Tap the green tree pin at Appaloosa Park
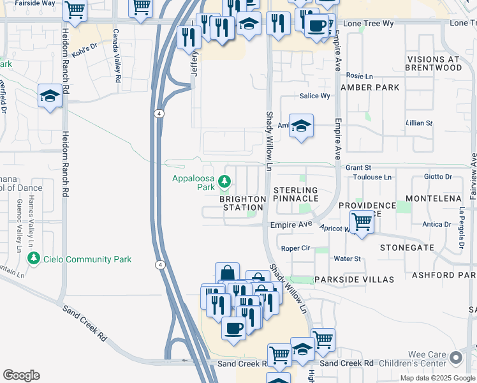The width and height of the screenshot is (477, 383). point(224,183)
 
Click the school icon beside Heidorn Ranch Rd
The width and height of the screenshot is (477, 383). point(49,96)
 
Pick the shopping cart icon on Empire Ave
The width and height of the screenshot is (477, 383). point(362,223)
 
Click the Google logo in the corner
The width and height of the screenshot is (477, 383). point(21,375)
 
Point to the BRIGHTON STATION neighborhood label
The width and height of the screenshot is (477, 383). point(242,204)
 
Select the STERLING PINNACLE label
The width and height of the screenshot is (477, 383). point(295,195)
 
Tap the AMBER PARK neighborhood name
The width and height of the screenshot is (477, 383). point(370,87)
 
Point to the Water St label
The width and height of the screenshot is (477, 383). point(348,259)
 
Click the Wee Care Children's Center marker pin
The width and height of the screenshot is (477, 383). point(455,358)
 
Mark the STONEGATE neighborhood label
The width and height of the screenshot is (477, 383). point(407,247)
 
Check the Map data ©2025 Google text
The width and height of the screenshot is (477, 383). point(437,378)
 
